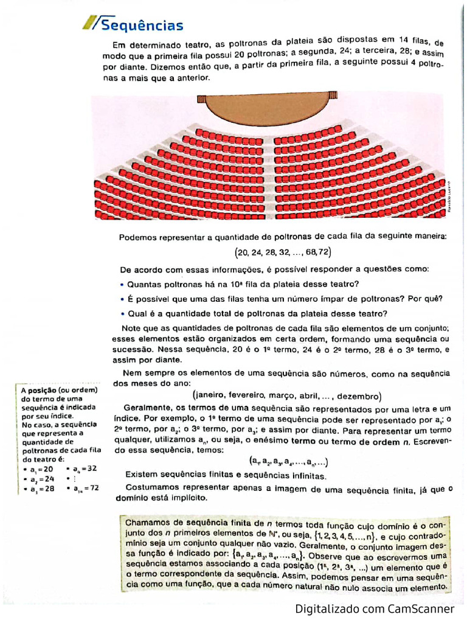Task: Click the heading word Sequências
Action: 142,25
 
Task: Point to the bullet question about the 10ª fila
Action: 243,284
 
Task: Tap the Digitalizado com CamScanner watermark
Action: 375,608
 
